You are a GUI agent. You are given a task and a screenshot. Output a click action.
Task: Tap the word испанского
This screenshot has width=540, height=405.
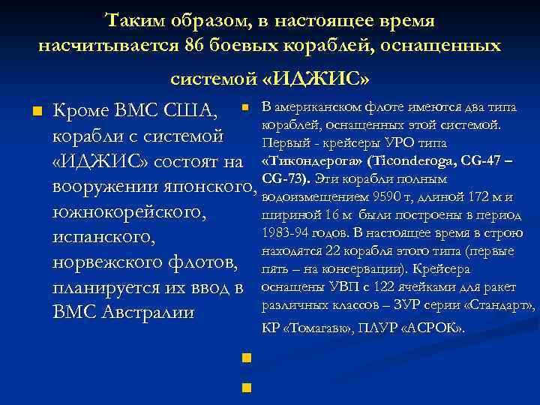[x=101, y=238]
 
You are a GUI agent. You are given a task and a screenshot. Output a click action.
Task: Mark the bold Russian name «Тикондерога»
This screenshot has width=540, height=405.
[x=306, y=161]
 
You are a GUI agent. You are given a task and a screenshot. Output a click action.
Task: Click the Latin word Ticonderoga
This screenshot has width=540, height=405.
[x=418, y=161]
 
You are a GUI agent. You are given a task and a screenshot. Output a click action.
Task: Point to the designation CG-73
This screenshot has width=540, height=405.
[x=285, y=179]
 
